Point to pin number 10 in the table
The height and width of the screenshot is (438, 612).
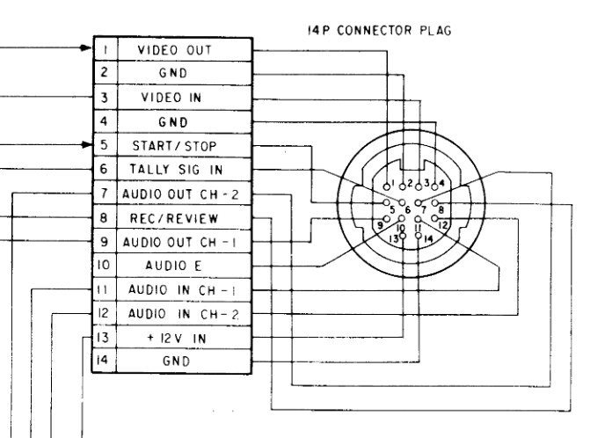pos(104,264)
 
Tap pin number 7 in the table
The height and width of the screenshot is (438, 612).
pos(104,193)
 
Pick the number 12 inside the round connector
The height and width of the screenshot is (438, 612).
pos(444,224)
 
